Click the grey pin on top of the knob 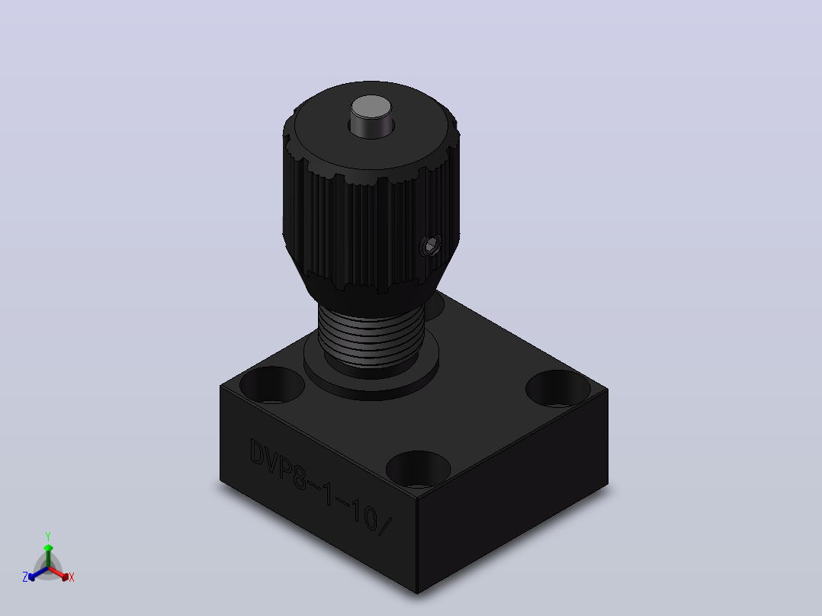[371, 117]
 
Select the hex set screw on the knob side [431, 245]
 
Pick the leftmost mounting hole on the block [271, 385]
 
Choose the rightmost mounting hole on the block [558, 389]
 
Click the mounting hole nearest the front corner [418, 469]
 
